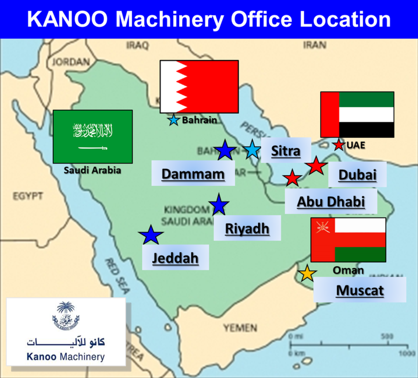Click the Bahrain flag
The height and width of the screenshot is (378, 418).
[199, 87]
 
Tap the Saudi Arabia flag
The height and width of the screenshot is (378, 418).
[93, 136]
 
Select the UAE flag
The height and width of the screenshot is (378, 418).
[357, 115]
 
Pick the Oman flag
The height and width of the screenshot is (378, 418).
[348, 239]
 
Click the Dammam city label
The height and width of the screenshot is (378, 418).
[193, 174]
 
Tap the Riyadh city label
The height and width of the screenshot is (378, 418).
[247, 228]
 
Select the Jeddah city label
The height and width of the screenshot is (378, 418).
[175, 258]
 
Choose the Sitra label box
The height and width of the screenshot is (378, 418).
[286, 151]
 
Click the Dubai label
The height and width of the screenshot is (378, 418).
[357, 175]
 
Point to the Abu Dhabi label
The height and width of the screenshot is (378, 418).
[331, 202]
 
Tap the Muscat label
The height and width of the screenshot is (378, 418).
[360, 290]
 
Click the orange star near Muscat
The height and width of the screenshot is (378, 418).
[307, 274]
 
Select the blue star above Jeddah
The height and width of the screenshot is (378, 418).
[151, 235]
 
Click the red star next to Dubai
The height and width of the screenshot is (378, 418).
[316, 166]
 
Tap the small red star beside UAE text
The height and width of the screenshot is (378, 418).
[338, 145]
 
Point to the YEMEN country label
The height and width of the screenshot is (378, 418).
[240, 328]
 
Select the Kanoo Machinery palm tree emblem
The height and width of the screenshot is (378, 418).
[66, 316]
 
